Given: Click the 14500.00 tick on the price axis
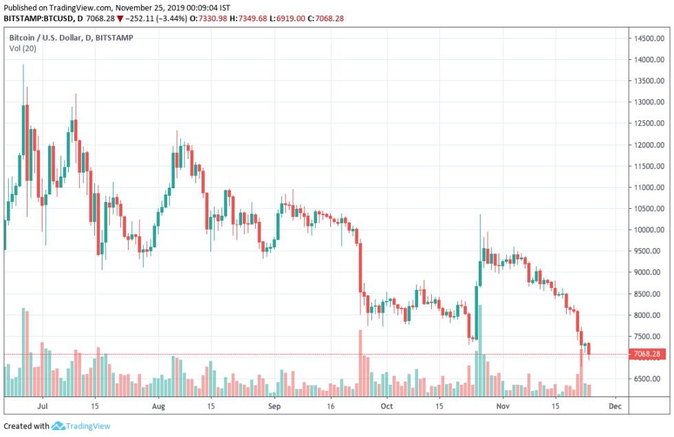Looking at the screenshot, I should point(649,38).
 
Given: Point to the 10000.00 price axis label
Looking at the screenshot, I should point(649,229).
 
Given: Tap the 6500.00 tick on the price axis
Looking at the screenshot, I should point(649,379).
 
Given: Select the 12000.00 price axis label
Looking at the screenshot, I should point(649,145).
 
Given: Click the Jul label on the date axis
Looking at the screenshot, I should point(43,406).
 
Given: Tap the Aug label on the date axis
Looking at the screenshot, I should point(159,406).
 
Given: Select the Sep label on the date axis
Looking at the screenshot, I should point(274,406).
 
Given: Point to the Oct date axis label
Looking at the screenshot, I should point(387,406).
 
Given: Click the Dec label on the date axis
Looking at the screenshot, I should point(615,406).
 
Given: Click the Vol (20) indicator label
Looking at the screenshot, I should point(23,48).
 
